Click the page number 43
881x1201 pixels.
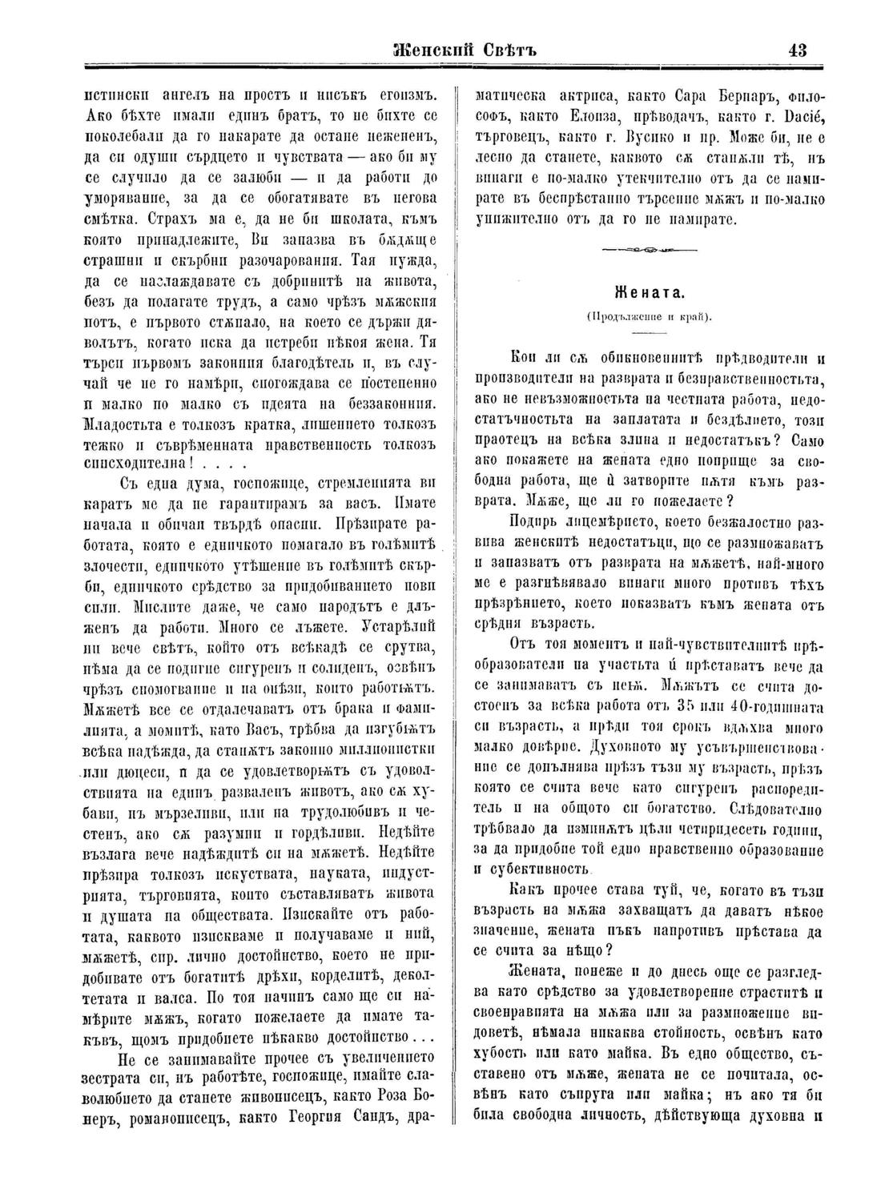click(797, 50)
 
